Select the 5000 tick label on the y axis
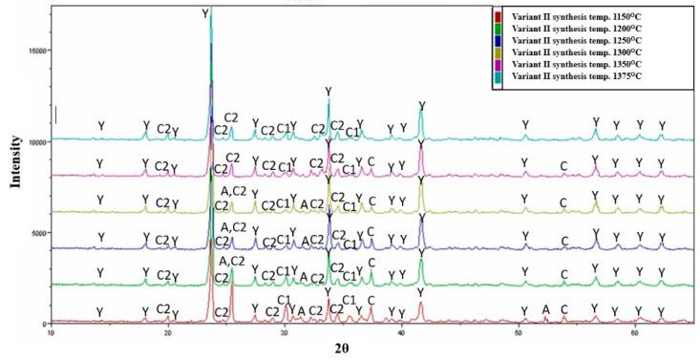click(37, 233)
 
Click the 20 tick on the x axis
click(168, 332)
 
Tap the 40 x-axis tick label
click(401, 332)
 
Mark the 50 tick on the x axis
click(518, 332)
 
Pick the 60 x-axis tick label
click(634, 332)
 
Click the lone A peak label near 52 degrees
click(546, 309)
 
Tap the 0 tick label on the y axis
click(44, 324)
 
